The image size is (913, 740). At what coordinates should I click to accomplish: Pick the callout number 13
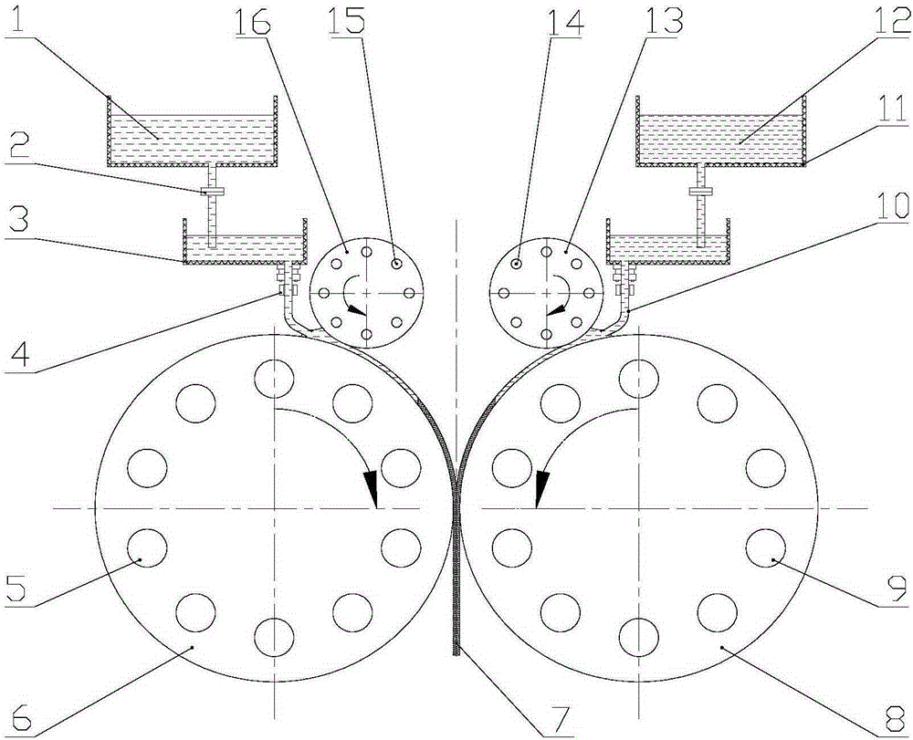658,21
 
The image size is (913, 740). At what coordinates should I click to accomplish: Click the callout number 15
348,21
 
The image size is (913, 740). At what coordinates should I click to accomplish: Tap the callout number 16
253,21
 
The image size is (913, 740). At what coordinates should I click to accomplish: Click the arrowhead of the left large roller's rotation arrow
371,488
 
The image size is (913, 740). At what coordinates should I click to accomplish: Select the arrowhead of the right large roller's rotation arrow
541,488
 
